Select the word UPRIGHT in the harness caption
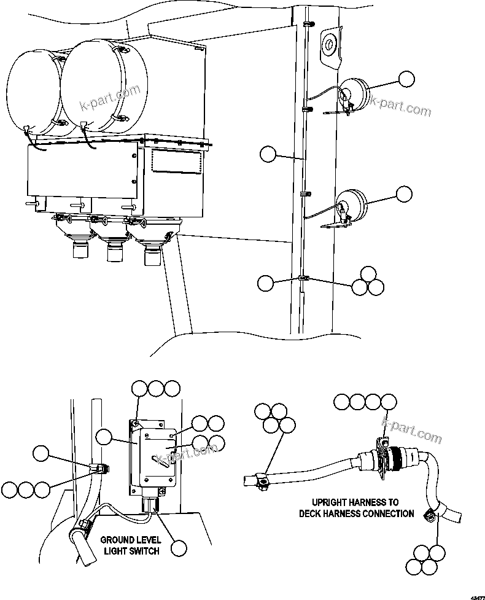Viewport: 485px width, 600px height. click(331, 502)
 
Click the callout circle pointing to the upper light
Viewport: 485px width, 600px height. click(406, 79)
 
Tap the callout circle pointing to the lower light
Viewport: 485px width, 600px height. click(404, 194)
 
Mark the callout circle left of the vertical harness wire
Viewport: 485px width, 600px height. click(268, 154)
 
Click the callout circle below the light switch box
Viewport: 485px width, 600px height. click(179, 548)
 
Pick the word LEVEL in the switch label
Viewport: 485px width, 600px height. click(149, 540)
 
